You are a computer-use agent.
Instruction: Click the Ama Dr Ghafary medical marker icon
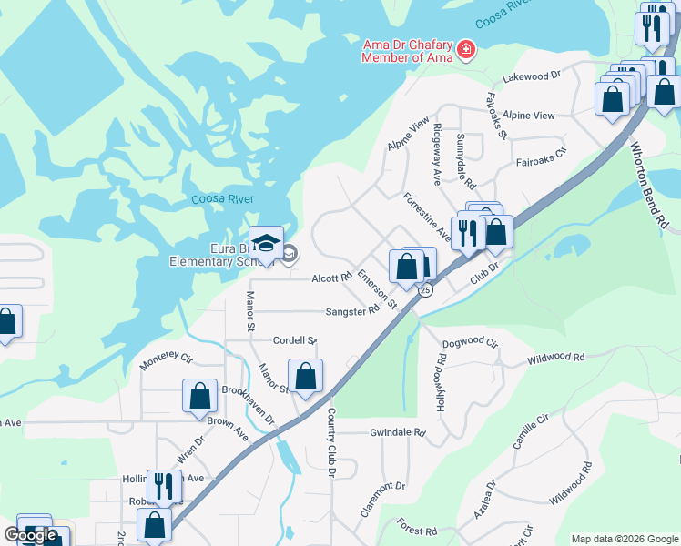467,49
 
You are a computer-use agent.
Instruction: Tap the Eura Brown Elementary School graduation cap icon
266,243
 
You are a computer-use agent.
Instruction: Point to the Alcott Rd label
331,278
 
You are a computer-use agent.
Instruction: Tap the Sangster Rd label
352,311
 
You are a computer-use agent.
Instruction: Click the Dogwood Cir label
470,344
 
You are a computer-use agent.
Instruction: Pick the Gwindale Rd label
398,432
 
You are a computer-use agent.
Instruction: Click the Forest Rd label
417,527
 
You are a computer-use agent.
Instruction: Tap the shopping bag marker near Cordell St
306,376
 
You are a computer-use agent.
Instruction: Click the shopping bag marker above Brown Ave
199,396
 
